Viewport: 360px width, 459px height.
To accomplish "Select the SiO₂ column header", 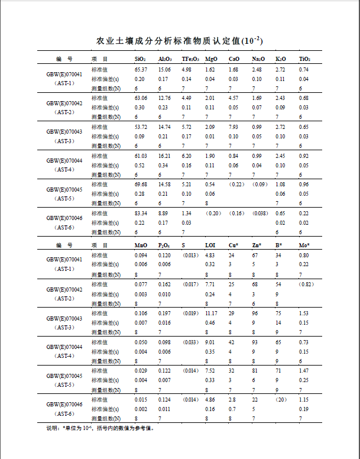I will pyautogui.click(x=140, y=60).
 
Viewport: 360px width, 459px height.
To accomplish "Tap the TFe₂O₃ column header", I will pyautogui.click(x=190, y=60).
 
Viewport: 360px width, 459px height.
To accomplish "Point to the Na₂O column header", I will pyautogui.click(x=258, y=60).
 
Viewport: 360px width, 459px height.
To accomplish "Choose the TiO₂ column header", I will pyautogui.click(x=304, y=60).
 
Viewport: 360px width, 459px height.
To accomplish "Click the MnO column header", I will pyautogui.click(x=141, y=245).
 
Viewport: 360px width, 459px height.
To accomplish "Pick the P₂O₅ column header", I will pyautogui.click(x=164, y=245).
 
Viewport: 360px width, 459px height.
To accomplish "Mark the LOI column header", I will pyautogui.click(x=210, y=245).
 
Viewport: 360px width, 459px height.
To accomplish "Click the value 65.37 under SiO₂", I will pyautogui.click(x=141, y=70).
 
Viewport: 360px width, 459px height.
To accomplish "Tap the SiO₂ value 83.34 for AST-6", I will pyautogui.click(x=141, y=213).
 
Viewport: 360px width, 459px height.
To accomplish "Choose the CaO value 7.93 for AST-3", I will pyautogui.click(x=233, y=127).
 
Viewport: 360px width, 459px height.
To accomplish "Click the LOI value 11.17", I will pyautogui.click(x=211, y=313).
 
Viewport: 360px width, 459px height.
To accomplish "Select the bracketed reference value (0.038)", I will pyautogui.click(x=260, y=213).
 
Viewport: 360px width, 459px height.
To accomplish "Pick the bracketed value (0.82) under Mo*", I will pyautogui.click(x=305, y=285).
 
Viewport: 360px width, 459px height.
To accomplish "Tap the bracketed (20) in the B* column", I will pyautogui.click(x=281, y=400).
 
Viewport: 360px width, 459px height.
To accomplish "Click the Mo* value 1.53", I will pyautogui.click(x=304, y=313).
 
